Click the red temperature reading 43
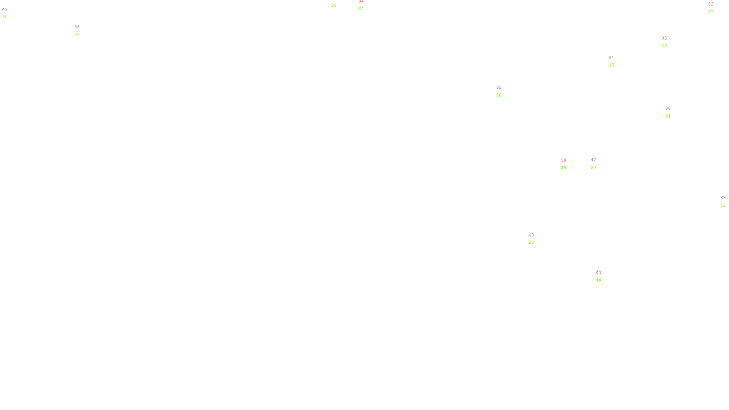pyautogui.click(x=5, y=10)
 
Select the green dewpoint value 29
pyautogui.click(x=77, y=35)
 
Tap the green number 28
pyautogui.click(x=334, y=5)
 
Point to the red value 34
pyautogui.click(x=361, y=1)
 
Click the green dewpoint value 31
pyautogui.click(x=361, y=9)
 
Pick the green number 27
pyautogui.click(x=711, y=12)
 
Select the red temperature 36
pyautogui.click(x=664, y=38)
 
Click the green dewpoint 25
pyautogui.click(x=664, y=46)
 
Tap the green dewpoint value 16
pyautogui.click(x=611, y=65)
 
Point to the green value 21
pyautogui.click(x=668, y=116)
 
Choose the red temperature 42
pyautogui.click(x=593, y=160)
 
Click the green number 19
pyautogui.click(x=564, y=168)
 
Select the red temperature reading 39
pyautogui.click(x=723, y=198)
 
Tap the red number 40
pyautogui.click(x=531, y=235)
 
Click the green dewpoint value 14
pyautogui.click(x=599, y=280)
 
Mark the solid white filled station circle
pyautogui.click(x=603, y=276)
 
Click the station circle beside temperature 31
pyautogui.click(x=616, y=61)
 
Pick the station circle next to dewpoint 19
pyautogui.click(x=568, y=164)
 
